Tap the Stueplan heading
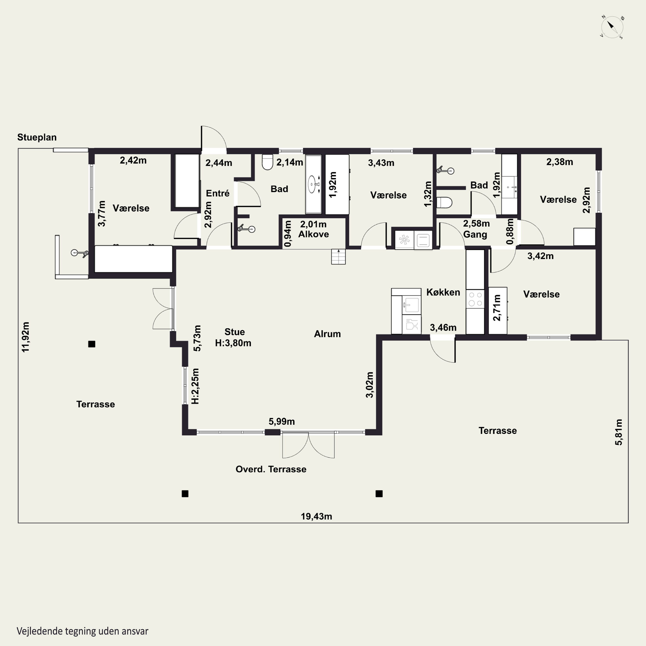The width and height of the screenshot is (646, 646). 37,137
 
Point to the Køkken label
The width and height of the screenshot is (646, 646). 443,292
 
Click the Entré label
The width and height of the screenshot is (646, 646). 218,193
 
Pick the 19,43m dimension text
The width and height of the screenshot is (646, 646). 316,516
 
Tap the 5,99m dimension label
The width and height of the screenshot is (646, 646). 281,422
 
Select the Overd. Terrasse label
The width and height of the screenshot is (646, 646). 271,469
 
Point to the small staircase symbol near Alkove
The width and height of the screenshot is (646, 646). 338,257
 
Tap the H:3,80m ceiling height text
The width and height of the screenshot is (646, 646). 233,343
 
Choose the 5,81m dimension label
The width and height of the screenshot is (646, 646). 619,432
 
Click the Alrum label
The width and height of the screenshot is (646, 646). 327,334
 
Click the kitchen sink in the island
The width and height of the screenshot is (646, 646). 411,305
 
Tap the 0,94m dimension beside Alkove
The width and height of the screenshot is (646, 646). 287,233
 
